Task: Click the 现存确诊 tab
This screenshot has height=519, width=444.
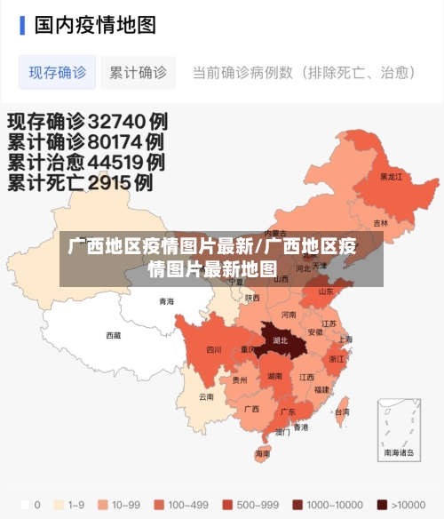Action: coord(57,73)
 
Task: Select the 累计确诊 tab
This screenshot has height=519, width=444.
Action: coord(138,73)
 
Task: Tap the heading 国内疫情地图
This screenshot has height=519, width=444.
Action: coord(95,24)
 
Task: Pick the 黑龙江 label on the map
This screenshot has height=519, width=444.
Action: coord(391,177)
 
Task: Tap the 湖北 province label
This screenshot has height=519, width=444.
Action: coord(281,340)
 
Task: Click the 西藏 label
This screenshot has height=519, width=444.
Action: coord(114,336)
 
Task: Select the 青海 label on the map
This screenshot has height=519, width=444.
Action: coord(167,302)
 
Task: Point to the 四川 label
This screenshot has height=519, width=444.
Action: coord(214,350)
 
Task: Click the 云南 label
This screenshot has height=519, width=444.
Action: coord(206,397)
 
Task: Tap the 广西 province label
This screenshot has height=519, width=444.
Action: coord(251,410)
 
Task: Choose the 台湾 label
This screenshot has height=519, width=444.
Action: coord(341,412)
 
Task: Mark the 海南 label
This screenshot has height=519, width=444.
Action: coord(262,453)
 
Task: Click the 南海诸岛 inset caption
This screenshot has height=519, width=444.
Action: coord(399,452)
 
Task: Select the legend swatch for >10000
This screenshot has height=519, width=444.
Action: coord(382,505)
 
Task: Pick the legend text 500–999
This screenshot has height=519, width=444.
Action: coord(257,505)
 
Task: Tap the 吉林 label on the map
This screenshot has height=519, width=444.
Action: coord(380,223)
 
